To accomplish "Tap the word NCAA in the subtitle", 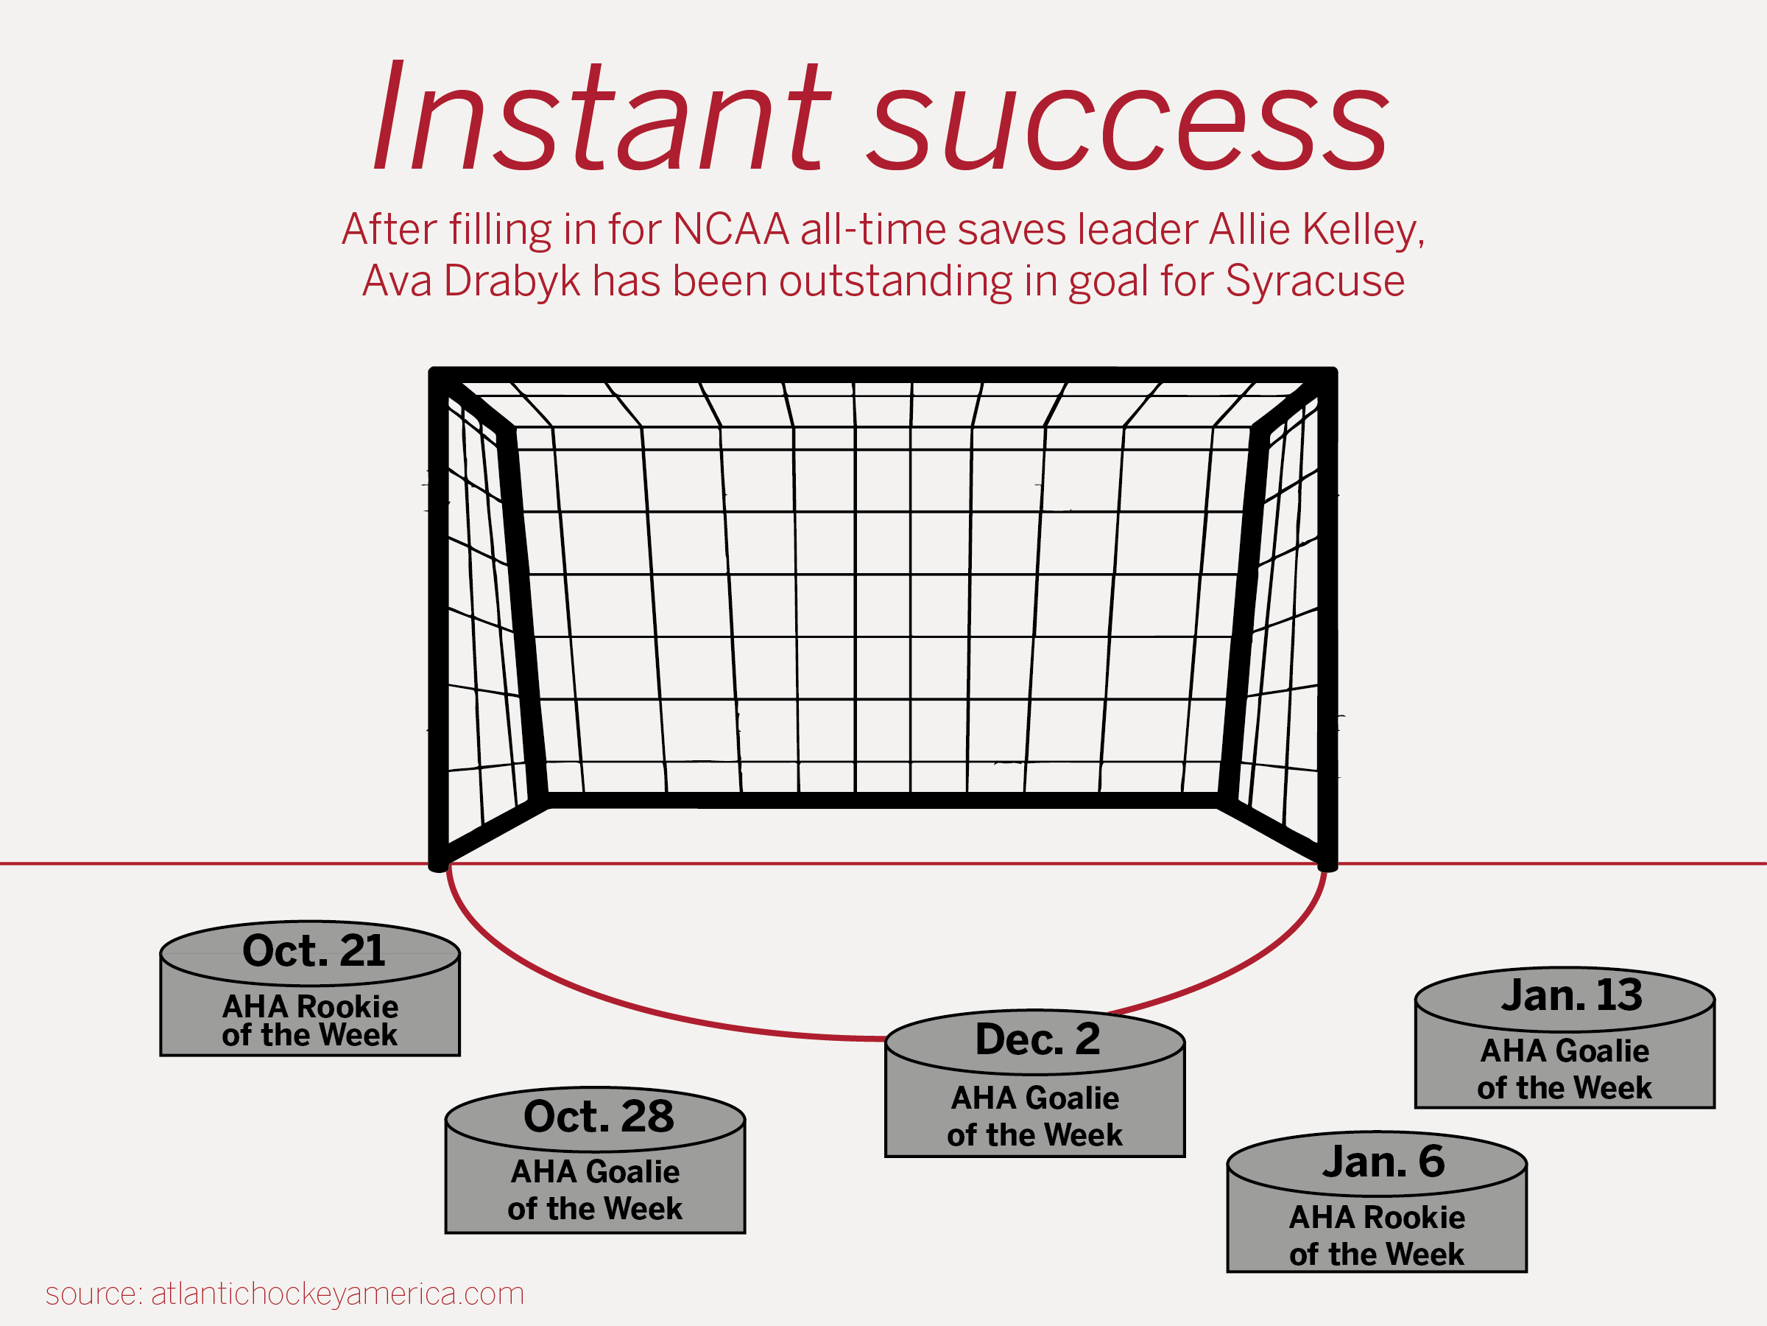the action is pos(731,229).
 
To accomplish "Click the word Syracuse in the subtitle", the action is pos(1315,282).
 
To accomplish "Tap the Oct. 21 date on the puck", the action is pos(314,950).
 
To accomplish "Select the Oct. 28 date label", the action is pos(599,1116).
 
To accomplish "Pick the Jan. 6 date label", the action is pos(1383,1161).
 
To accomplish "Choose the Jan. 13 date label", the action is pos(1571,995).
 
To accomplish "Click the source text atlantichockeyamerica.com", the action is pos(338,1294).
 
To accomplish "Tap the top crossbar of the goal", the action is pos(883,375).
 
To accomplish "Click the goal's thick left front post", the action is pos(438,620).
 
